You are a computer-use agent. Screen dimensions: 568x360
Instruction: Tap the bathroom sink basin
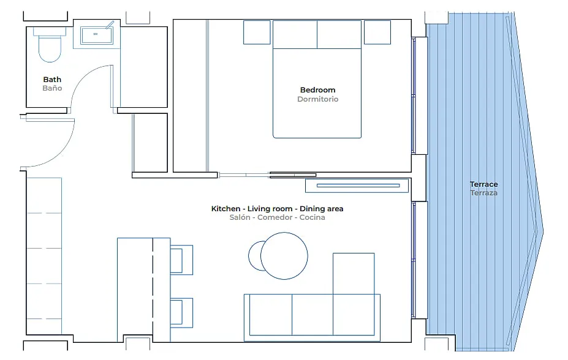tap(96, 35)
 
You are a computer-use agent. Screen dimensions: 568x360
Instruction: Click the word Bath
tap(52, 79)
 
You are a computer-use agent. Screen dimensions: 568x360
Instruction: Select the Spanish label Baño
tap(52, 88)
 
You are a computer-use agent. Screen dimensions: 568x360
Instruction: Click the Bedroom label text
tap(317, 90)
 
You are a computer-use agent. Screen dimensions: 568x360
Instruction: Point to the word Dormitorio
tap(317, 99)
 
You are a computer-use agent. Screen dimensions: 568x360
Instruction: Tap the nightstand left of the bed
tap(257, 32)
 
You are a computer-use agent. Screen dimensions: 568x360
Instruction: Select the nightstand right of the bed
tap(377, 32)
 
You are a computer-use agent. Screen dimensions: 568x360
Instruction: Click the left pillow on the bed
tap(295, 34)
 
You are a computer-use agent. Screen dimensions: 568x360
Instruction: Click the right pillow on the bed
tap(339, 34)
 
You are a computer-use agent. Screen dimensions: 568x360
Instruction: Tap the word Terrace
tap(483, 184)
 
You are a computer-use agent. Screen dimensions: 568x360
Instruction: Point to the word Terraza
tap(483, 193)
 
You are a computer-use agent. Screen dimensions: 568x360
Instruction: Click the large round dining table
tap(284, 256)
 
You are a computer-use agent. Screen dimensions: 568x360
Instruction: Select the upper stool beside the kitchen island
tap(181, 260)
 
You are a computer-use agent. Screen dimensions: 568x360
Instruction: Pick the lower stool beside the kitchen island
tap(181, 313)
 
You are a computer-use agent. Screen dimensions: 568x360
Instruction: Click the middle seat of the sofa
tap(312, 315)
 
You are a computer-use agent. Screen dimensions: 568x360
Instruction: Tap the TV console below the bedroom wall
tap(357, 186)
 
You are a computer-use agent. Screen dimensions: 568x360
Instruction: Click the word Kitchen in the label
tap(225, 209)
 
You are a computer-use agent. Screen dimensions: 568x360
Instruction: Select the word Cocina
tap(312, 217)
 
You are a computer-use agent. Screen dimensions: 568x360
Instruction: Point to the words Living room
tap(270, 209)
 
